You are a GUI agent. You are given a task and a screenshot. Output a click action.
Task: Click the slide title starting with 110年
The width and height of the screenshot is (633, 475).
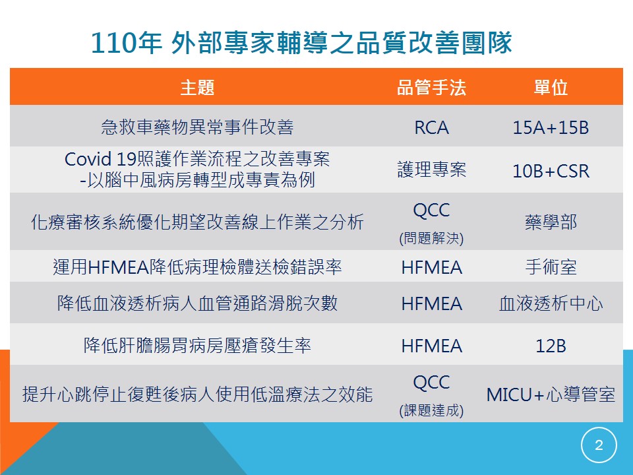(x=301, y=43)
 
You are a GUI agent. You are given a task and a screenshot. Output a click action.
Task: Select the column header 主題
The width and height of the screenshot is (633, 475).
(x=197, y=87)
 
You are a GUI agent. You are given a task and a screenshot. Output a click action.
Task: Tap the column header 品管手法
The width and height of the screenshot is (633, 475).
(x=431, y=87)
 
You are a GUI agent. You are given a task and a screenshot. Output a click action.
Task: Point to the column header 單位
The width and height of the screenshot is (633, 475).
(x=551, y=87)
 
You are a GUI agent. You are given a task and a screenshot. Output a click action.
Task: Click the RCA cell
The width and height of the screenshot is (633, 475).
(x=431, y=127)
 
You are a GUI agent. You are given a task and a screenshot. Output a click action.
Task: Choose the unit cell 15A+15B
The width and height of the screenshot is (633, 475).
(x=551, y=127)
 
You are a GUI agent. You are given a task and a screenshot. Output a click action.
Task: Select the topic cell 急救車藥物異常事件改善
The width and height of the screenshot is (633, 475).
(x=197, y=127)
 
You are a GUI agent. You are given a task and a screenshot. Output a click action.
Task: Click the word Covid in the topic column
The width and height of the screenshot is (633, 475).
(x=88, y=159)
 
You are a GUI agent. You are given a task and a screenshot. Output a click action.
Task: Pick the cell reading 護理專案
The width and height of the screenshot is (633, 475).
(x=431, y=170)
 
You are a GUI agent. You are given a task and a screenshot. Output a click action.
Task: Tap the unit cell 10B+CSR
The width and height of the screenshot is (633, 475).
(x=551, y=172)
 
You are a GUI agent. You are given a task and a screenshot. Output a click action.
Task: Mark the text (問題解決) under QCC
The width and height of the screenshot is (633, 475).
(x=431, y=238)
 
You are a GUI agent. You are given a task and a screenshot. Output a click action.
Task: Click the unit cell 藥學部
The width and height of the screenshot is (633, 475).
(x=551, y=222)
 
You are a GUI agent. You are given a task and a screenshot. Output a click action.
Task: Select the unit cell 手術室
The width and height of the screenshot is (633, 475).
(x=551, y=267)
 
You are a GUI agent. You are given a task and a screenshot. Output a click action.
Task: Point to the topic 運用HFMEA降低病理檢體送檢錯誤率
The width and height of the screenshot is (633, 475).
(x=197, y=267)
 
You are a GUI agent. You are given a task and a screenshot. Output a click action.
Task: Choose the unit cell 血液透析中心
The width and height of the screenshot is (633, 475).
(x=551, y=303)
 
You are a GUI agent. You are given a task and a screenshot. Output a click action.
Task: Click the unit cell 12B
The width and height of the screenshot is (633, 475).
(x=551, y=346)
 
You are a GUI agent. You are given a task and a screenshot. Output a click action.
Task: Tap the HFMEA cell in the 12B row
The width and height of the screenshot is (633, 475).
(x=431, y=346)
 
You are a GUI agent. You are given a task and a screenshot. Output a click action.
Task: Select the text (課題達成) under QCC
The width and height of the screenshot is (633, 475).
(x=431, y=410)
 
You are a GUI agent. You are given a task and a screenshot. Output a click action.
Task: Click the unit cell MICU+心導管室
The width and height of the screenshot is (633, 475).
(x=551, y=395)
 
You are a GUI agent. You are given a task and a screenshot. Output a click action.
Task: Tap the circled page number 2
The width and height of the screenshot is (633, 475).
(x=599, y=445)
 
